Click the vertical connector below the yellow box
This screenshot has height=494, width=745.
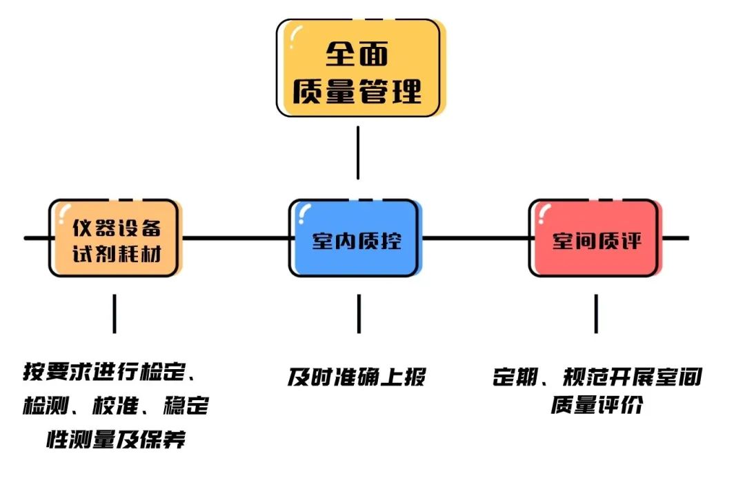pos(357,152)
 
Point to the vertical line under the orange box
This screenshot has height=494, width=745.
pos(115,314)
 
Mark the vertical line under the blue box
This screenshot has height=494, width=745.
pos(359,314)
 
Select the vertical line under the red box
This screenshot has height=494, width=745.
pos(596,314)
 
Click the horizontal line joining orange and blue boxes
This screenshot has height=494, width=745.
pos(235,239)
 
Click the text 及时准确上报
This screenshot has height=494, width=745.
pos(357,377)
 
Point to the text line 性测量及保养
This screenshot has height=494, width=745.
pos(116,439)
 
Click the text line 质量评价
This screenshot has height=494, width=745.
pos(597,405)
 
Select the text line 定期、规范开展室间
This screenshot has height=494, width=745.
pos(597,377)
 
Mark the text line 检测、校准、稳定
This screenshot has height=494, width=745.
pos(115,405)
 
